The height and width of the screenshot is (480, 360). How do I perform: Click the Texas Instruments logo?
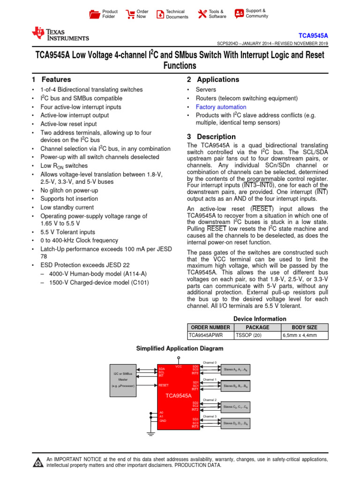60,34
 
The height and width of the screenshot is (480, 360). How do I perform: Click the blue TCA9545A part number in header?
313,36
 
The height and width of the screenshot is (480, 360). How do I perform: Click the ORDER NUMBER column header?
209,327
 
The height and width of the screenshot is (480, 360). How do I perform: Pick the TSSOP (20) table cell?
248,336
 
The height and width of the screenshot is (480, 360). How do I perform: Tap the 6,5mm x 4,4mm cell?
299,336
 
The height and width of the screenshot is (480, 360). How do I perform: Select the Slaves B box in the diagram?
235,386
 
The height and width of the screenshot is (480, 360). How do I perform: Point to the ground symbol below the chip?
151,434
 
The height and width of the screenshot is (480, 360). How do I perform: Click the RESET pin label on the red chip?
164,385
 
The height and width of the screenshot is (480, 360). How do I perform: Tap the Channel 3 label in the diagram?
210,416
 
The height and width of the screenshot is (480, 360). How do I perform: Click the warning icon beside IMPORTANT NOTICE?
37,463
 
